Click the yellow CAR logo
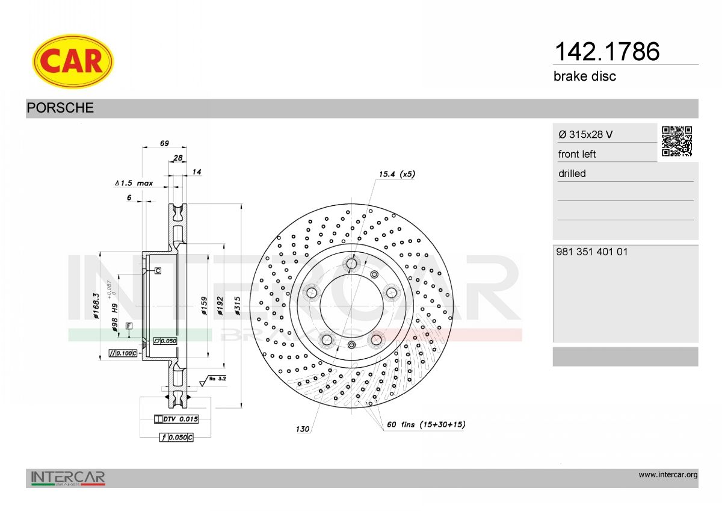tap(73, 61)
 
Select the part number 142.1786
tap(607, 52)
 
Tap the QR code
tap(677, 141)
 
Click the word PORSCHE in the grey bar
tap(60, 108)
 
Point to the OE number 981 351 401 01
tap(592, 252)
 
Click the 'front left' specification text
tap(577, 154)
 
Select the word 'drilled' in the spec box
tap(572, 173)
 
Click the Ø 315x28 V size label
tap(585, 134)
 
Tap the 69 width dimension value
tap(164, 143)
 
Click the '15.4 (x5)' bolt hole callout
tap(396, 174)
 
